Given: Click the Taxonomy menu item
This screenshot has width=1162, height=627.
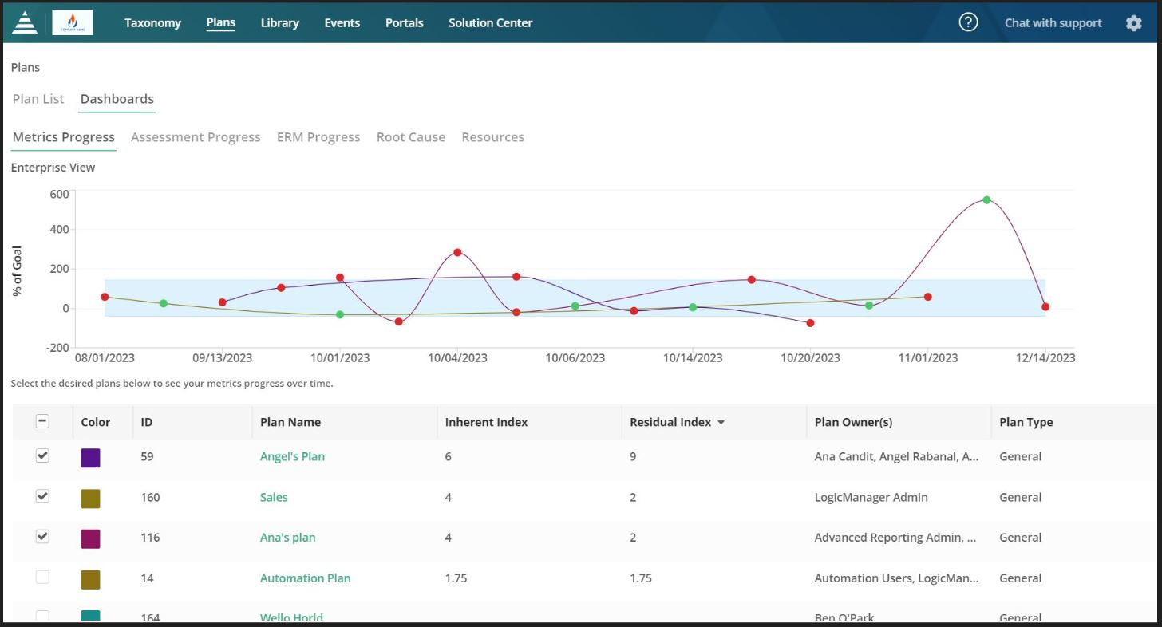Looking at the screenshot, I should [x=152, y=23].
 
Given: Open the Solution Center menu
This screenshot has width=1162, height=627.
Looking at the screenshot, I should [x=490, y=23].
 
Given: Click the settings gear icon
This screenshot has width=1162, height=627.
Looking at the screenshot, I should [x=1133, y=23].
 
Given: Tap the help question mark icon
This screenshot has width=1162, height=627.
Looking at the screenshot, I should [x=968, y=22].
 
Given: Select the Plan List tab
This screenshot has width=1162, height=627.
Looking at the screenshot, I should [x=38, y=99].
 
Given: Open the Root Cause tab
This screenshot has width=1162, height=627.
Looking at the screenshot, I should [x=410, y=137].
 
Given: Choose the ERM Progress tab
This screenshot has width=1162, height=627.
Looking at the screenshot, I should [x=318, y=137].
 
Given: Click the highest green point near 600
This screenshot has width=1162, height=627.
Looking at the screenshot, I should [x=986, y=200].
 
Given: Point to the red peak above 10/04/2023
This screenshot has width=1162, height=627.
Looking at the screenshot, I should [x=457, y=252].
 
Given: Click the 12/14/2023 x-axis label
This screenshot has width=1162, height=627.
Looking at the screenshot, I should [x=1045, y=358].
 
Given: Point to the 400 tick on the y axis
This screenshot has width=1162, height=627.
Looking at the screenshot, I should [x=59, y=230].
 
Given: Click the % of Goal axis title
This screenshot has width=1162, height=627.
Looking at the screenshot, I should [x=18, y=271].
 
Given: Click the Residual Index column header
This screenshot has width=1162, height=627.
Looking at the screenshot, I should [x=670, y=423].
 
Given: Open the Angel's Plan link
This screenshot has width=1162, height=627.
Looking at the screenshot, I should [x=292, y=457].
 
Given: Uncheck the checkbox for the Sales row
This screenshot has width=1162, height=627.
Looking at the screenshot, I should [x=43, y=496].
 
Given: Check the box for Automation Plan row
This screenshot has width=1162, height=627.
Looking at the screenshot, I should [x=43, y=578].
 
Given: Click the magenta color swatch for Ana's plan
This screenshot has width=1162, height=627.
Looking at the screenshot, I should [x=90, y=538].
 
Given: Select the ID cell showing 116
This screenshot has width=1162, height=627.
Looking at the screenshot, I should [x=150, y=538].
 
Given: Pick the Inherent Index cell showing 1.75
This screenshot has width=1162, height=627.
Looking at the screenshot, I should [x=456, y=578].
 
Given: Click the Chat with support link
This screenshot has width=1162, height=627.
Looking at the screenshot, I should [x=1053, y=23].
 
